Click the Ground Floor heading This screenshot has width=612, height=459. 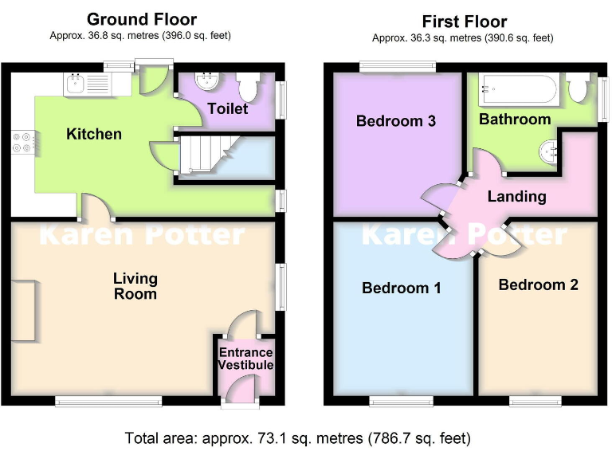click(141, 19)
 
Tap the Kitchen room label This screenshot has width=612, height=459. click(94, 134)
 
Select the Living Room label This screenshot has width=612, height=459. click(135, 286)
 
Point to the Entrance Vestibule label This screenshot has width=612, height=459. click(246, 359)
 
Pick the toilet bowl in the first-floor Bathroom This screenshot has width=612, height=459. click(579, 89)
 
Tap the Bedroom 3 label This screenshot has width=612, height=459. click(395, 121)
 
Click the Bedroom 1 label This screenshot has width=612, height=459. click(402, 288)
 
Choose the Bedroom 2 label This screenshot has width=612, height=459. click(538, 284)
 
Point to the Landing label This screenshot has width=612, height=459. click(516, 196)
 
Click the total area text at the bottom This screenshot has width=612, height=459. click(297, 438)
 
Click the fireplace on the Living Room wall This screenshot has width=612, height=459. click(23, 311)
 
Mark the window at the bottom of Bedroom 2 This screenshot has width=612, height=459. click(535, 401)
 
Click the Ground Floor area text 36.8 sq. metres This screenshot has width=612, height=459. click(141, 36)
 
